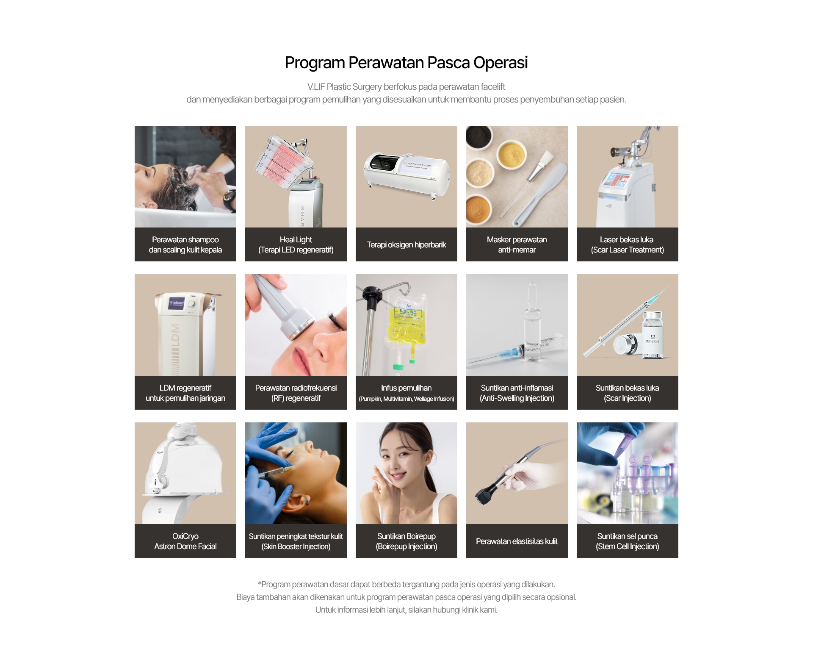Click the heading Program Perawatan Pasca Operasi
click(x=406, y=63)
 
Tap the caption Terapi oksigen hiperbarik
click(x=406, y=245)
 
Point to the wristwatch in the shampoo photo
click(x=229, y=198)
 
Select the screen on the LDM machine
click(x=177, y=303)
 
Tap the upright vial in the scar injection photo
click(x=653, y=335)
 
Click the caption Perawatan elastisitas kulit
click(x=517, y=541)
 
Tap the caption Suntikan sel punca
click(x=627, y=541)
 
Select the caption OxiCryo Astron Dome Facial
click(x=185, y=541)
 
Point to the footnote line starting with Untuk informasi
click(x=406, y=610)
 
